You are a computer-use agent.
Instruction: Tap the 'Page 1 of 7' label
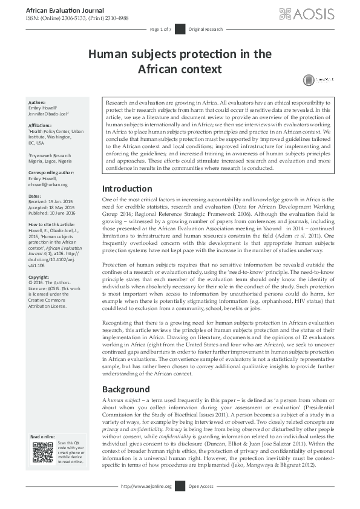coord(161,29)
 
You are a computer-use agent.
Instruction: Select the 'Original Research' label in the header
coord(206,29)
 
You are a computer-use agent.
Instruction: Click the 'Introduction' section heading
coord(127,172)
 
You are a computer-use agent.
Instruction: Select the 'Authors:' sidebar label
coord(37,103)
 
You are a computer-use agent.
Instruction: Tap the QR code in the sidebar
coord(43,452)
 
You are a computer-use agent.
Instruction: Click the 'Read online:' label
coord(44,436)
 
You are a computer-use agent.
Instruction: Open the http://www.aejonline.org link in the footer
coord(146,486)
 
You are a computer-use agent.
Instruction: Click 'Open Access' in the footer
coord(201,486)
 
